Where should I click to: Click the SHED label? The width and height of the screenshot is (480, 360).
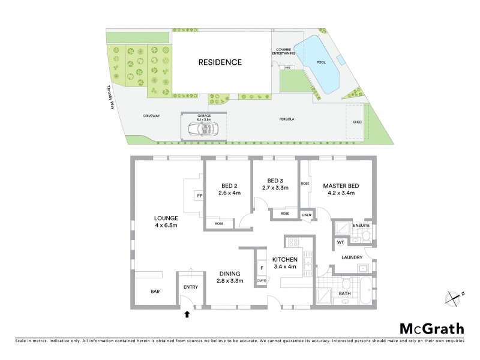tap(358, 122)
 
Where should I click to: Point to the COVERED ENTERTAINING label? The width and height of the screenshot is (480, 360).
tap(287, 52)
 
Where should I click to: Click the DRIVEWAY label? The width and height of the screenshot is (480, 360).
tap(151, 116)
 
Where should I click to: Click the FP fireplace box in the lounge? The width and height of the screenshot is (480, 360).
tap(199, 196)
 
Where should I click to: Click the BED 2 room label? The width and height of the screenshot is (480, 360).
tap(229, 189)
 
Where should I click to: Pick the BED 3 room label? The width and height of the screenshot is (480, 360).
tap(275, 184)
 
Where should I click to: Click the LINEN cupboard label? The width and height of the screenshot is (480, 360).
tap(306, 214)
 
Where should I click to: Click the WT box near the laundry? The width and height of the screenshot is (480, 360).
tap(340, 242)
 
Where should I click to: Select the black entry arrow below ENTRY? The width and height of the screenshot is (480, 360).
tap(187, 313)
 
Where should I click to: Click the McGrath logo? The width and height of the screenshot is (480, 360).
tap(431, 328)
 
